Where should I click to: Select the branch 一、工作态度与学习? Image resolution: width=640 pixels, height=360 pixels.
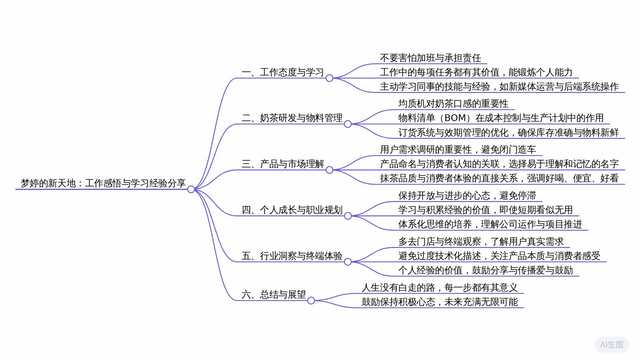coord(283,72)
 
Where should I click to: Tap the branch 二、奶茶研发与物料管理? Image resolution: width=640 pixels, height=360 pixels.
coord(292,118)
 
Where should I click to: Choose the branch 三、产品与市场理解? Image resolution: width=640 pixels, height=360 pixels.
coord(283,164)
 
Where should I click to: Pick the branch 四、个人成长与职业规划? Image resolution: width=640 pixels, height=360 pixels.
coord(292,210)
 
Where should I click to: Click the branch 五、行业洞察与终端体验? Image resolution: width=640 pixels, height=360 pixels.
coord(292,256)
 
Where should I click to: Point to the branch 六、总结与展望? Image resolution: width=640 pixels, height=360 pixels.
coord(274,295)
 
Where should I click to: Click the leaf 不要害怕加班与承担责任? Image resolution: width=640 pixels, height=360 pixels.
coord(430,58)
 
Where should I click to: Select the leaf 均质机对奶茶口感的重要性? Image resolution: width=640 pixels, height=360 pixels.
coord(453,104)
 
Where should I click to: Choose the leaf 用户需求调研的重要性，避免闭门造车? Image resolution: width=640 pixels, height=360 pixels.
coord(458,150)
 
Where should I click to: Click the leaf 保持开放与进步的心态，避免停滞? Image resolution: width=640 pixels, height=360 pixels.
coord(467,196)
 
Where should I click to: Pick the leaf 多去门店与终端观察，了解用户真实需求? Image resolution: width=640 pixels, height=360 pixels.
coord(481,242)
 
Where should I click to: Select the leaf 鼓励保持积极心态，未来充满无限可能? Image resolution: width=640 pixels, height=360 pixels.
coord(440,302)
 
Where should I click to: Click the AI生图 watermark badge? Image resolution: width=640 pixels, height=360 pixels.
coord(612,345)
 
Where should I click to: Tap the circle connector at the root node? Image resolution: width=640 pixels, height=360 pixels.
coord(191,189)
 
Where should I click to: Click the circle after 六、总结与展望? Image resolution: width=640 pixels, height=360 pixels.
coord(311,301)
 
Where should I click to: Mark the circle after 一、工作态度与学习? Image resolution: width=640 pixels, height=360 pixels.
coord(329,78)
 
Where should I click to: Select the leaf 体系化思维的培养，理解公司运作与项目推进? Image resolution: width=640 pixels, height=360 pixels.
coord(490,224)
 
